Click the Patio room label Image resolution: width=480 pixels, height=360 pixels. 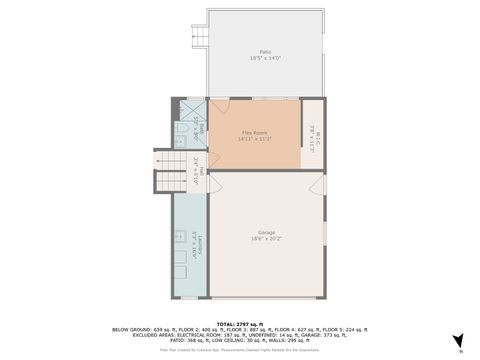point(265,51)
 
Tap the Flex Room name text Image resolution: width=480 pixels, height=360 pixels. point(254,132)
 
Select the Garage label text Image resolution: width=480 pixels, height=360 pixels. point(265,232)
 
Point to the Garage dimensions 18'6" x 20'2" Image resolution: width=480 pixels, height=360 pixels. point(265,239)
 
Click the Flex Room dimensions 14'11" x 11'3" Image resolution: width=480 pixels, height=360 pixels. point(254,139)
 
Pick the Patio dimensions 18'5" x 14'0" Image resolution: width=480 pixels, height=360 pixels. point(265,58)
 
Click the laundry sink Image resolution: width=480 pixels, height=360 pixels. point(181,237)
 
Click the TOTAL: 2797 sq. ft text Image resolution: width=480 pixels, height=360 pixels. point(239,322)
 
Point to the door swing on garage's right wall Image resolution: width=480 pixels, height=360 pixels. point(319,184)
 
